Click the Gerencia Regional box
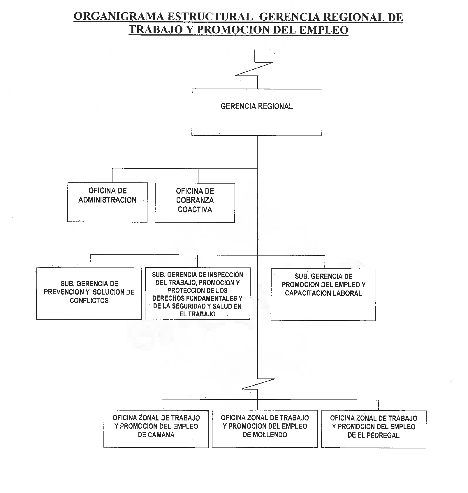257,112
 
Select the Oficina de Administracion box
107,202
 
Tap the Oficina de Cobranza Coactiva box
195,203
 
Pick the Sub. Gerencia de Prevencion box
89,294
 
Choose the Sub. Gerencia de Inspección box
198,293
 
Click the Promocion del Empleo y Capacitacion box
323,295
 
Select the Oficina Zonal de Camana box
156,429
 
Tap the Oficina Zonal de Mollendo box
265,429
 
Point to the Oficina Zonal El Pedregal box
374,429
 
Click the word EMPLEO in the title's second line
324,30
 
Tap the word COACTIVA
195,209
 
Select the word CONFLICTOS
89,300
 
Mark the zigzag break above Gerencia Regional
254,69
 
